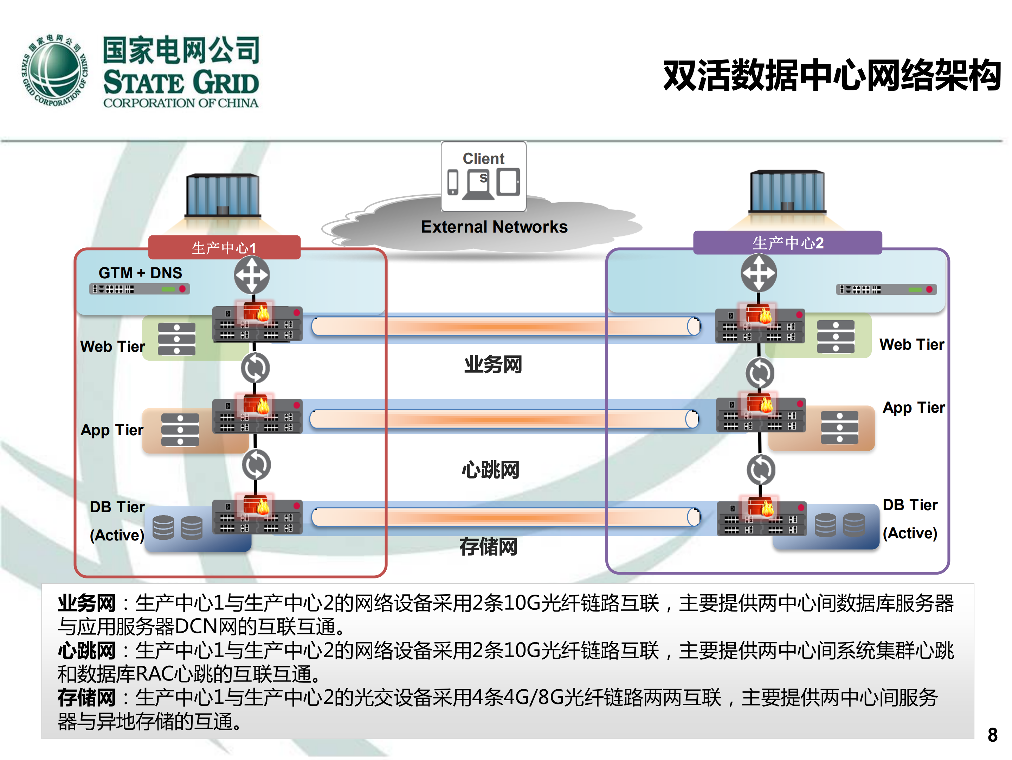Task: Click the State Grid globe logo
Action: (x=55, y=71)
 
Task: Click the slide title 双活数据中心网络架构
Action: (x=831, y=76)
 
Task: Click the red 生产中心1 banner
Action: (x=224, y=248)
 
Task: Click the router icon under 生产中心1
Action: (x=251, y=275)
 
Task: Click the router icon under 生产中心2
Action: (x=758, y=273)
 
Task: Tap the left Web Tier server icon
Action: (x=176, y=339)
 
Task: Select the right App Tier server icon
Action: (x=839, y=427)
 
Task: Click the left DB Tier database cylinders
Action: (x=177, y=527)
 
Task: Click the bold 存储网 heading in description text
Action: (x=86, y=698)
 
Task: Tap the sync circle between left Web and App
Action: (x=255, y=368)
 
